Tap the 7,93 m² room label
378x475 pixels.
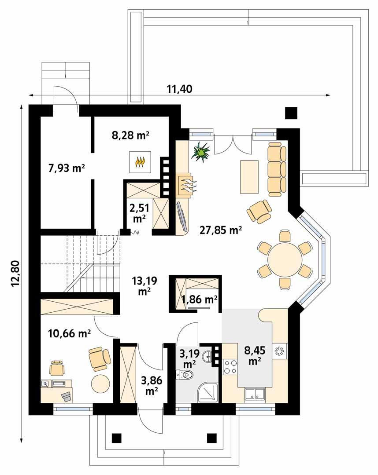[66, 168]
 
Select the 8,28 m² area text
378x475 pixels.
[130, 135]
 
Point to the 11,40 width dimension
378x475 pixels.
[179, 89]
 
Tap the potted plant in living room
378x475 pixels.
[202, 152]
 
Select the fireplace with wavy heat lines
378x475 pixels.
[187, 184]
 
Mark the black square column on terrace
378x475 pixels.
[291, 113]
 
